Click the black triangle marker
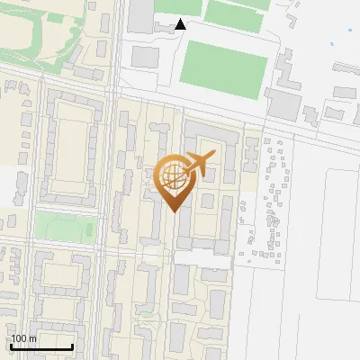click(x=181, y=24)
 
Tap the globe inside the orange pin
click(x=173, y=176)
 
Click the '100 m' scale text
click(x=23, y=338)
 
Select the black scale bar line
click(x=41, y=347)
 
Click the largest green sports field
click(x=226, y=70)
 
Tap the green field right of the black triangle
click(x=237, y=11)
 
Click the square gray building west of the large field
click(x=146, y=56)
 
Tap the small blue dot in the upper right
click(x=332, y=43)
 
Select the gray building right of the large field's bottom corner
click(x=284, y=103)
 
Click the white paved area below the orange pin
click(x=194, y=257)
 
